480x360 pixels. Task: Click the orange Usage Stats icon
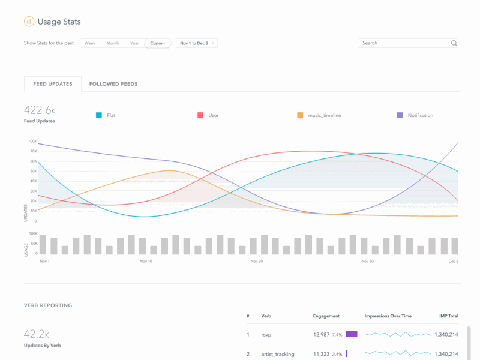coord(29,22)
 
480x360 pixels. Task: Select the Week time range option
coord(90,43)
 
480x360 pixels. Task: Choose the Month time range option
coord(113,43)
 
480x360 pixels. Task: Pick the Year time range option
coord(135,43)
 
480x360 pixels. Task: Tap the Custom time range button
coord(157,43)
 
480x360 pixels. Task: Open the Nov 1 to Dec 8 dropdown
coord(197,43)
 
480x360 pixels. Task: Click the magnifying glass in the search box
coord(454,43)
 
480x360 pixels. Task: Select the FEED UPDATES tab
coord(53,84)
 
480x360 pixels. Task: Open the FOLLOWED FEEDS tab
coord(113,84)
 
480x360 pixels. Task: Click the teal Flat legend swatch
coord(99,115)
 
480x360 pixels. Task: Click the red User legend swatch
coord(201,115)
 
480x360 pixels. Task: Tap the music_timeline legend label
coord(324,115)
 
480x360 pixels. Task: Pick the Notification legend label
coord(420,115)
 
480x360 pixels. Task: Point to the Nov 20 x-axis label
coord(256,262)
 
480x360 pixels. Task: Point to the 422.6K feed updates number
coord(40,110)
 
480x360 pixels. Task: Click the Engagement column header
coord(326,316)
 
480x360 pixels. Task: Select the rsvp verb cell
coord(267,334)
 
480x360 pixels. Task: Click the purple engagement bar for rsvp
coord(351,334)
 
